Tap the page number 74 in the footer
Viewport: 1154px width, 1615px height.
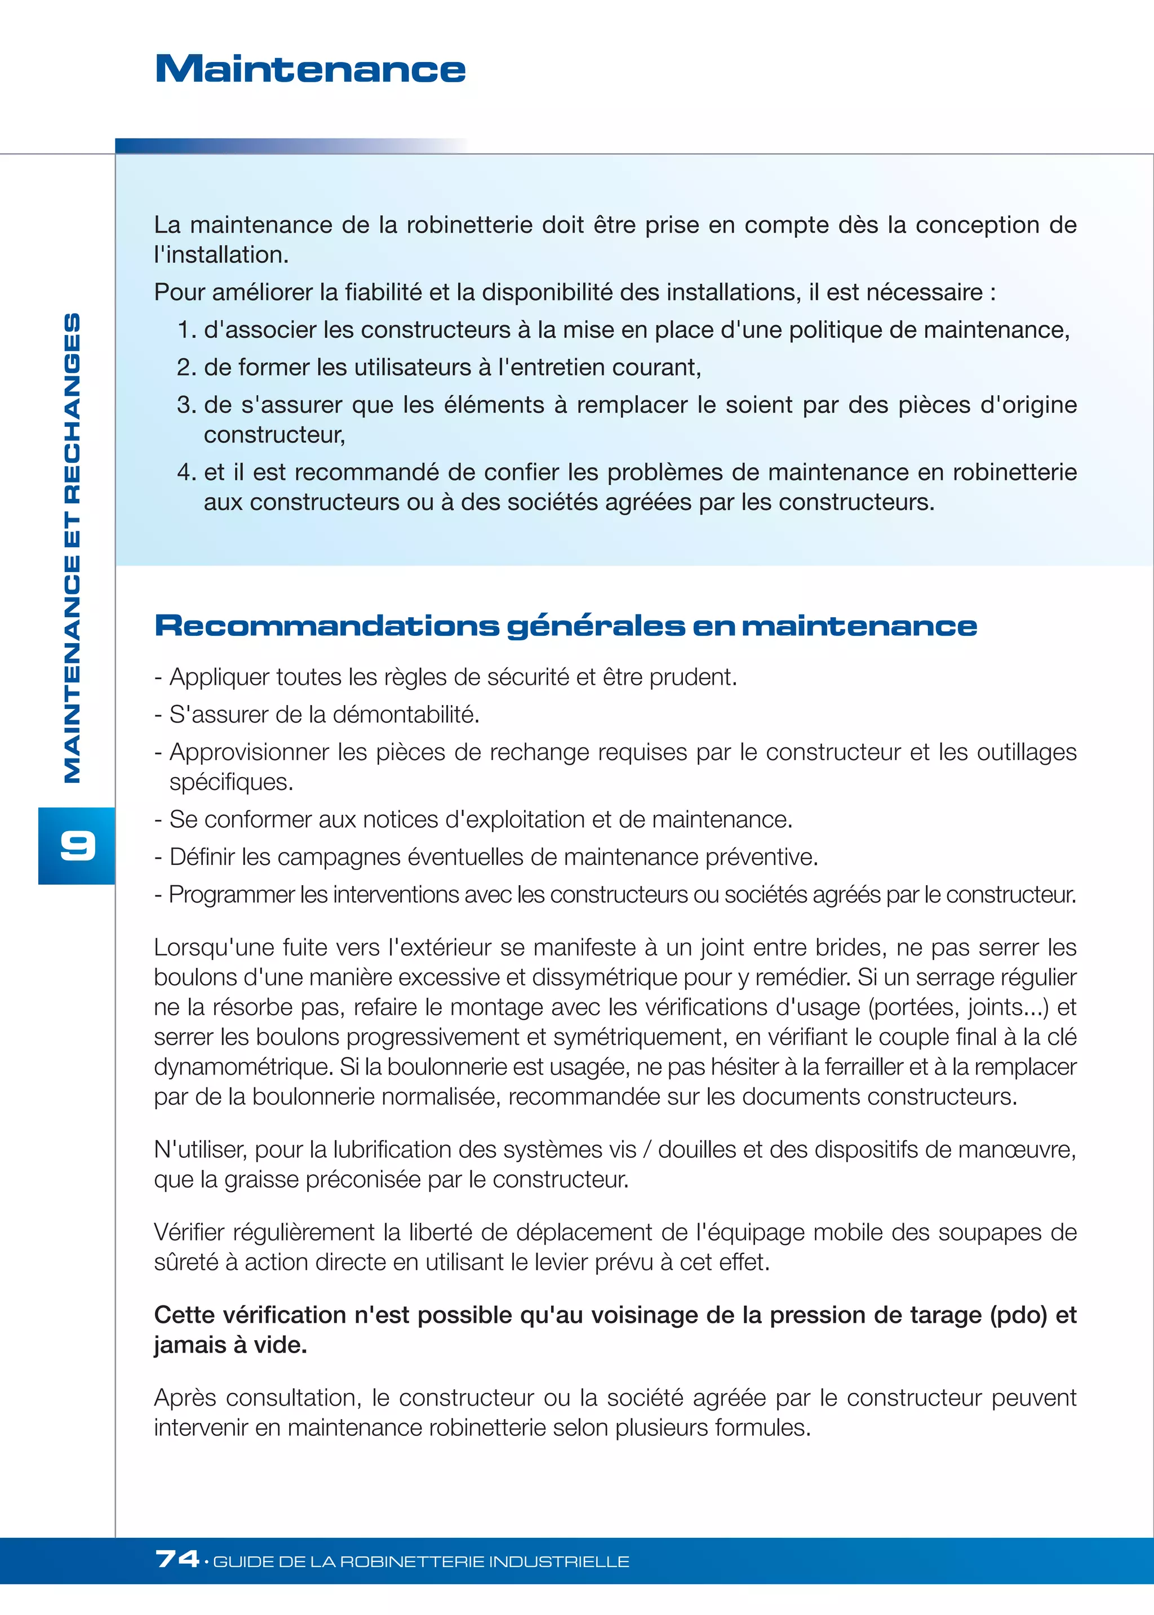pos(177,1560)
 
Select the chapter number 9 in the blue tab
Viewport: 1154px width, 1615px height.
pos(77,845)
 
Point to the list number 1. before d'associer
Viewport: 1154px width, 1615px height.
pos(186,330)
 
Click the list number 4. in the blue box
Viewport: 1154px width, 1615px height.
pos(186,472)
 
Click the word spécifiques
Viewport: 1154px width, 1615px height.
pos(231,782)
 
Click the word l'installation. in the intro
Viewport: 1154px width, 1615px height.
pos(221,255)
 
